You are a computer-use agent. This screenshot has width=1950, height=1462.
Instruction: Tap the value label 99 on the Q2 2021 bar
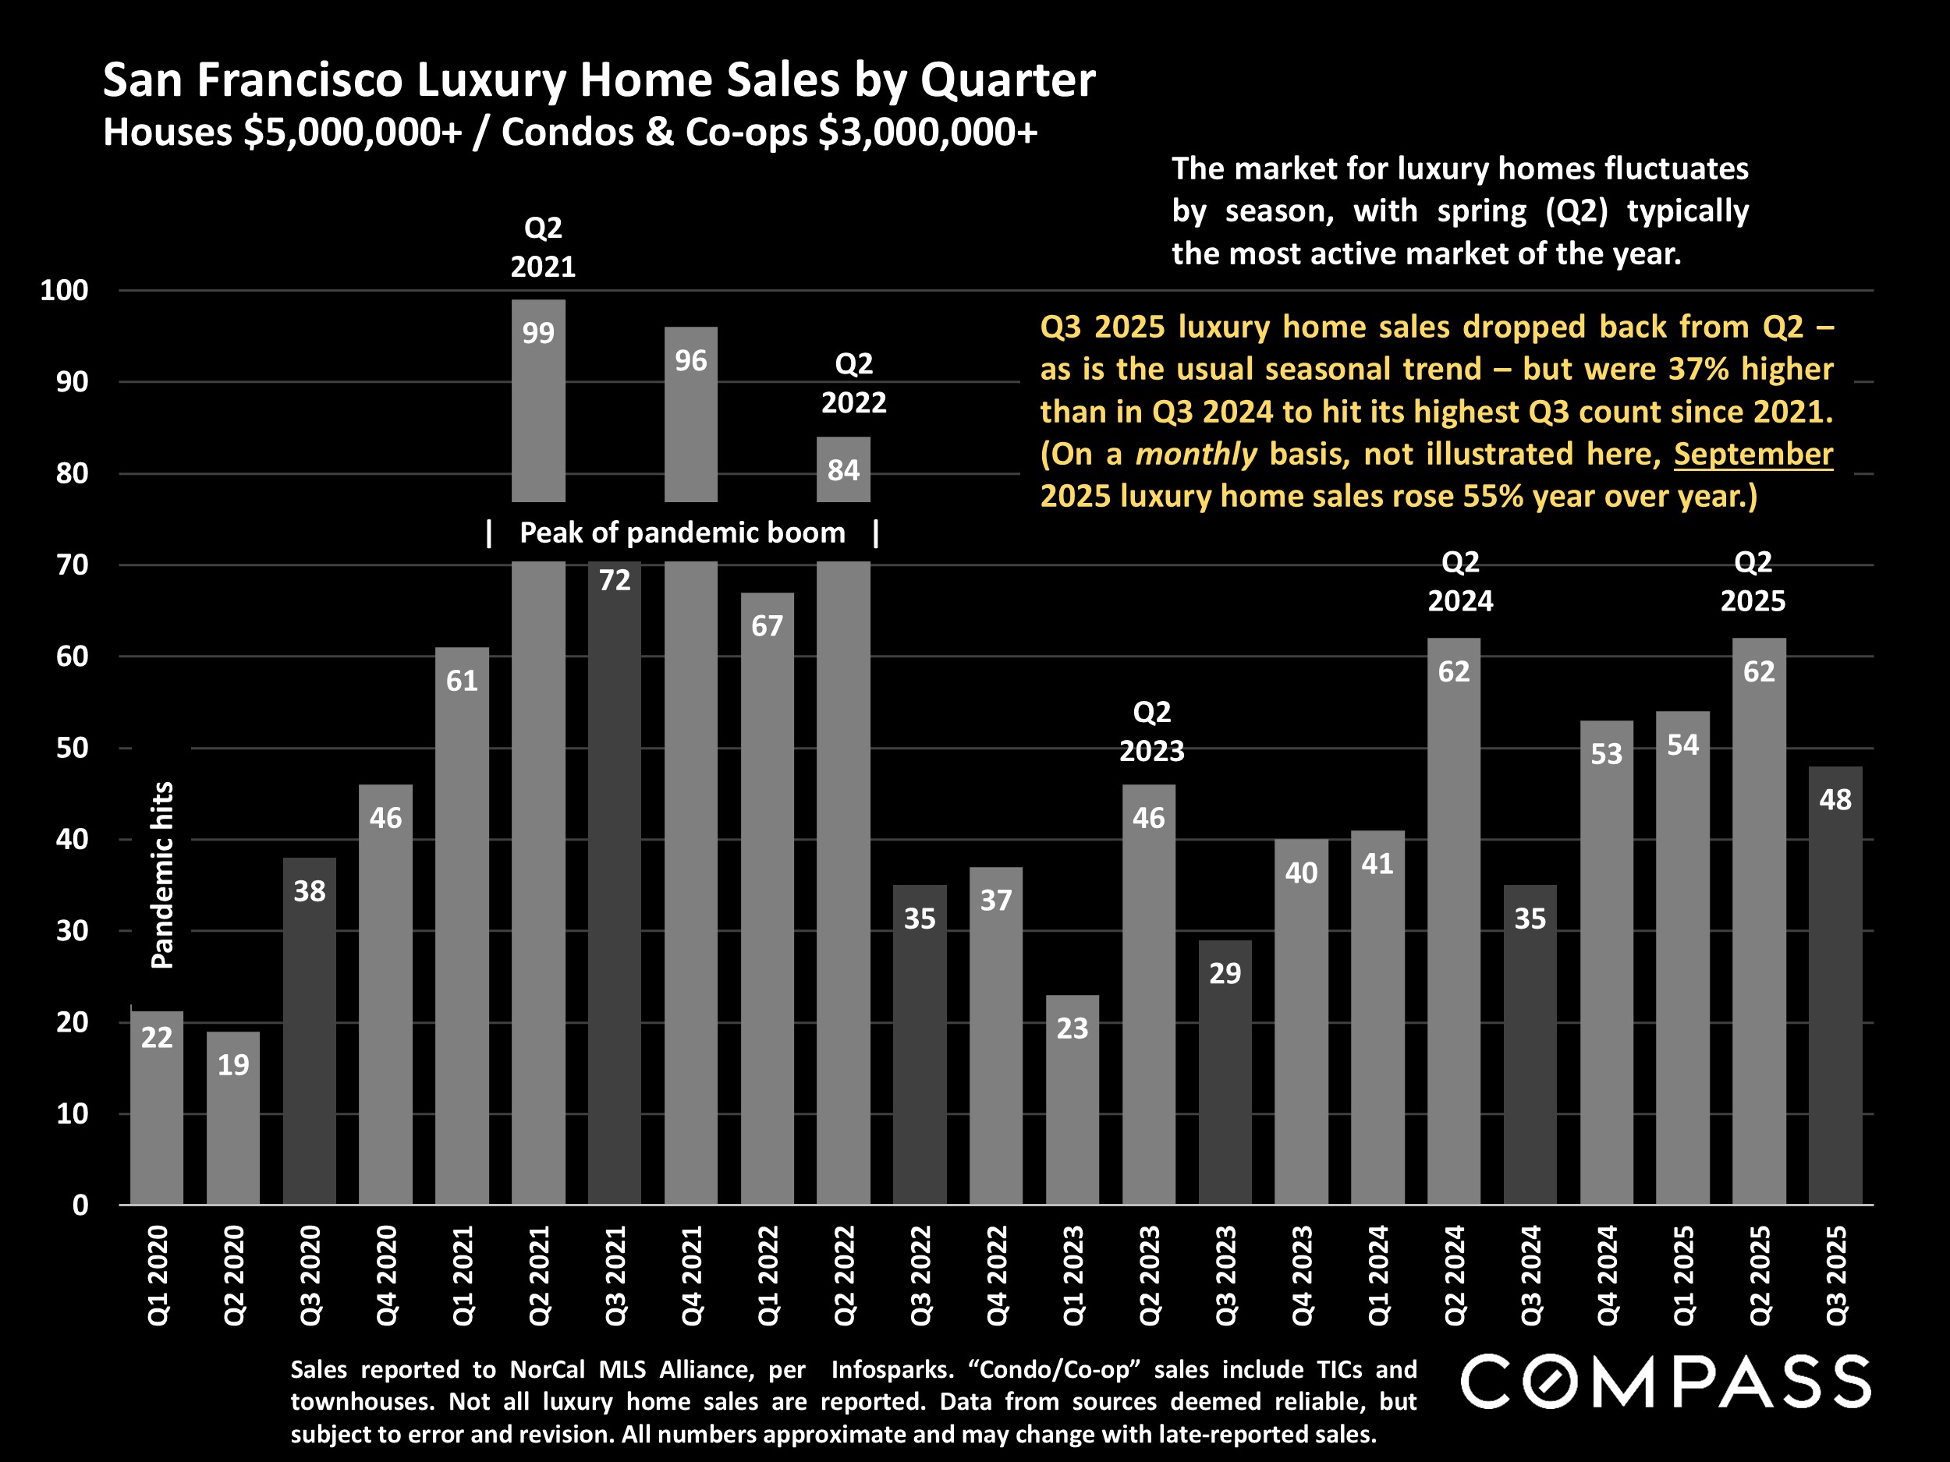pyautogui.click(x=537, y=333)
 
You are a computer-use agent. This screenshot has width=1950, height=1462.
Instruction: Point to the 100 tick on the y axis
pyautogui.click(x=65, y=290)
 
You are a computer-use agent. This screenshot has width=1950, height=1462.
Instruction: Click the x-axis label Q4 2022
pyautogui.click(x=996, y=1274)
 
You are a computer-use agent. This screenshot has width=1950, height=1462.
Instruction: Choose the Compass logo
pyautogui.click(x=1665, y=1382)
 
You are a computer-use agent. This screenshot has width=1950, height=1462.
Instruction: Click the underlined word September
pyautogui.click(x=1753, y=454)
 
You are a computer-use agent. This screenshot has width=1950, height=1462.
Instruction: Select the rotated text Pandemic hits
pyautogui.click(x=162, y=874)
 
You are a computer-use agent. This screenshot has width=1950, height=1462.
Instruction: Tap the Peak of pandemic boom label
pyautogui.click(x=682, y=533)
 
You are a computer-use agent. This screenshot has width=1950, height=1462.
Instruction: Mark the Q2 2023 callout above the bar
pyautogui.click(x=1151, y=731)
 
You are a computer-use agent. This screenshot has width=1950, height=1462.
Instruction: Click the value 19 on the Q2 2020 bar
pyautogui.click(x=232, y=1064)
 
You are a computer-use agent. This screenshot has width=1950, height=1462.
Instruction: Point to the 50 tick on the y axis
pyautogui.click(x=72, y=749)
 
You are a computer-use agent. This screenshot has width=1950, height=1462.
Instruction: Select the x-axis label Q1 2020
pyautogui.click(x=157, y=1274)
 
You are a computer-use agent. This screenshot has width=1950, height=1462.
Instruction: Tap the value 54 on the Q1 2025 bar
pyautogui.click(x=1682, y=745)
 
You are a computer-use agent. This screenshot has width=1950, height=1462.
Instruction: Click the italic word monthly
pyautogui.click(x=1196, y=454)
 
